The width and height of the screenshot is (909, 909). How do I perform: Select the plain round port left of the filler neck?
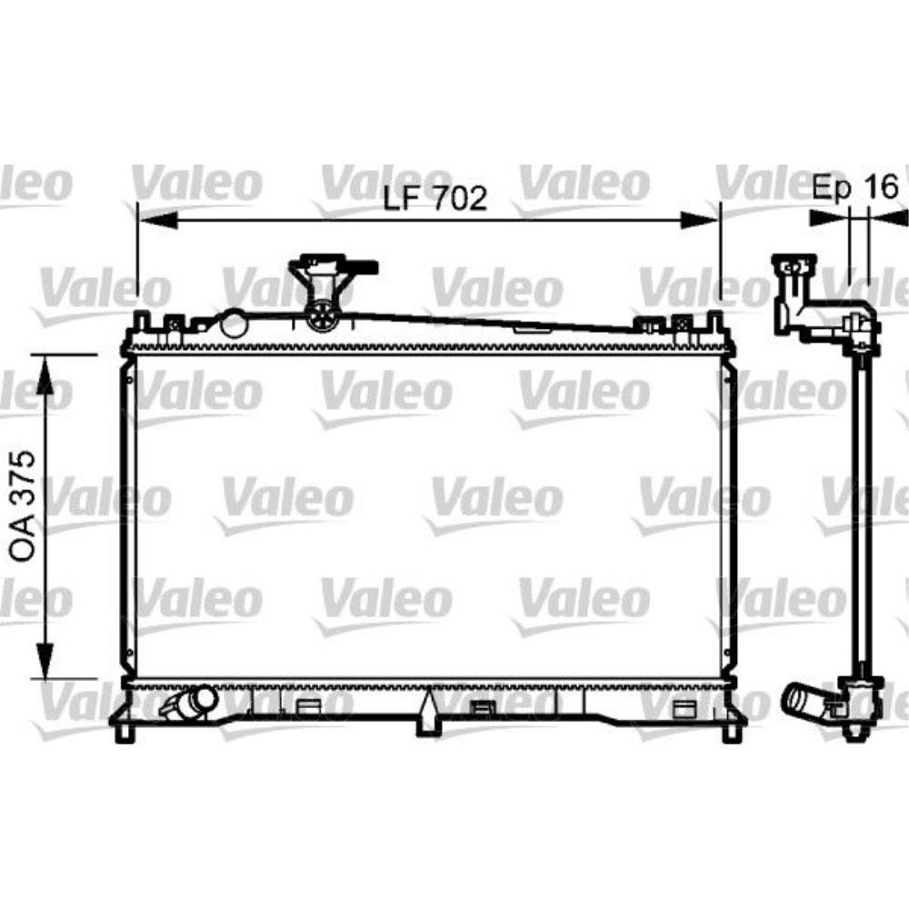[x=234, y=322]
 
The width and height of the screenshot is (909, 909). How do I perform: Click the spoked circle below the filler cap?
[x=321, y=317]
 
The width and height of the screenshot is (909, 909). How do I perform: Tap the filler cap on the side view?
[x=794, y=267]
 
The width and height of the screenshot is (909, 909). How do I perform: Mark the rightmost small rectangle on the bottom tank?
[x=684, y=710]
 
